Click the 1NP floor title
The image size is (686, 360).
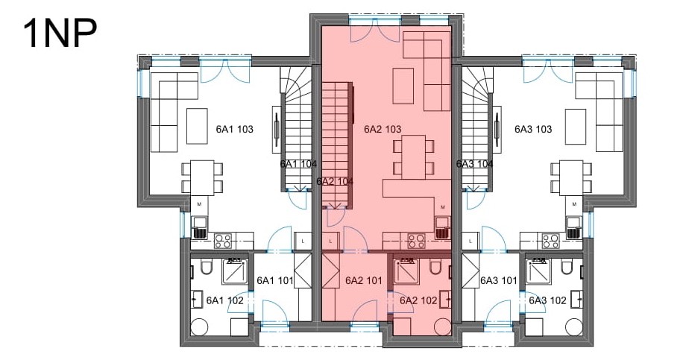(60, 34)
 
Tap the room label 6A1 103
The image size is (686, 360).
(234, 129)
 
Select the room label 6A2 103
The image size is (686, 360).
(383, 129)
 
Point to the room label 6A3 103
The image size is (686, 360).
(533, 129)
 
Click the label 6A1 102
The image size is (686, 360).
(224, 300)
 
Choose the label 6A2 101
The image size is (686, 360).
(364, 280)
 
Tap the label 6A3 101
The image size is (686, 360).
(499, 280)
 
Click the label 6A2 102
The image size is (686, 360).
(418, 300)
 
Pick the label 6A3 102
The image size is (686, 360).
(547, 300)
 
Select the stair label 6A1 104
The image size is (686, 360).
(298, 164)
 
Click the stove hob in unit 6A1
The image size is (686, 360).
(223, 241)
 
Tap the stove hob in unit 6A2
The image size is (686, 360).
(417, 241)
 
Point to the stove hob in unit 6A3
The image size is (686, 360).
(551, 241)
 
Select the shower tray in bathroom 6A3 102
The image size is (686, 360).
(538, 271)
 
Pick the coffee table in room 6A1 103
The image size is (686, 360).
(197, 126)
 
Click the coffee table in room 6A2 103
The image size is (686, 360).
(403, 86)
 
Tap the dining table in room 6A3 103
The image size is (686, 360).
(571, 177)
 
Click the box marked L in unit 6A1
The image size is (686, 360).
(303, 241)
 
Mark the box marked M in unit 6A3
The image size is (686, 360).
(574, 203)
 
